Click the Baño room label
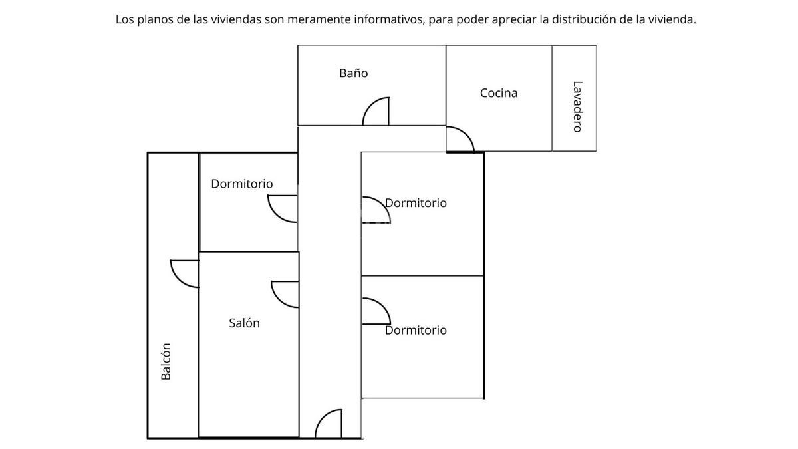(x=353, y=73)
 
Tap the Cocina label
(x=499, y=93)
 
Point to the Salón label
(x=244, y=323)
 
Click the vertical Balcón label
(x=166, y=361)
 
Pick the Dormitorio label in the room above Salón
(x=241, y=184)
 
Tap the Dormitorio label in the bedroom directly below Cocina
(x=416, y=203)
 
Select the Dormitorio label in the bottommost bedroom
(x=416, y=330)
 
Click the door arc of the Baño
(x=376, y=112)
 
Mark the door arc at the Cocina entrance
(x=460, y=139)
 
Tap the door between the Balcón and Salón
(x=185, y=273)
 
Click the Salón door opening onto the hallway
(x=285, y=294)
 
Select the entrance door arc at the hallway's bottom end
(x=329, y=424)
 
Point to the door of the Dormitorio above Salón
(x=283, y=208)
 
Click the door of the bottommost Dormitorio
(x=376, y=311)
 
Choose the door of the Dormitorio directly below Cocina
(x=375, y=210)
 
